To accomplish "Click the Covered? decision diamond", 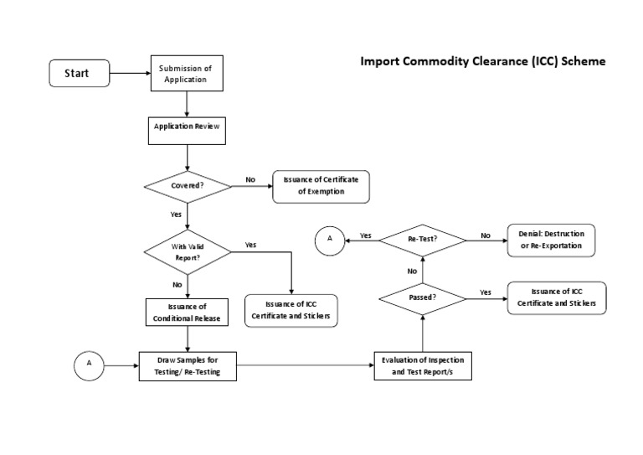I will click(x=188, y=185).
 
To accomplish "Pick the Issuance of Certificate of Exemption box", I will click(x=321, y=186).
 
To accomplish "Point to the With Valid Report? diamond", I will click(x=188, y=252).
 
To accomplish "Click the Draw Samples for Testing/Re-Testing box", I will click(x=188, y=365).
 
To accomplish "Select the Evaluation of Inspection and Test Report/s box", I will click(x=422, y=365).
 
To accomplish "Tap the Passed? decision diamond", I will click(x=422, y=297).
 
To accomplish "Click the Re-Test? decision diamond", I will click(x=422, y=240).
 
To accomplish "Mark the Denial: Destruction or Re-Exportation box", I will click(x=551, y=240).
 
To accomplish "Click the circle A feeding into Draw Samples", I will click(x=90, y=365).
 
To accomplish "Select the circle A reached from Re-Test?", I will click(x=330, y=240).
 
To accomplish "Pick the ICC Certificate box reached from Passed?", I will click(x=557, y=297).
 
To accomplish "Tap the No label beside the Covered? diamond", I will click(x=250, y=179).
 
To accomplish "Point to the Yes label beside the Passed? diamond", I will click(x=486, y=292).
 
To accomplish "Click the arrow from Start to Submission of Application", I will click(x=130, y=74).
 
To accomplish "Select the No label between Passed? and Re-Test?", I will click(x=412, y=271).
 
